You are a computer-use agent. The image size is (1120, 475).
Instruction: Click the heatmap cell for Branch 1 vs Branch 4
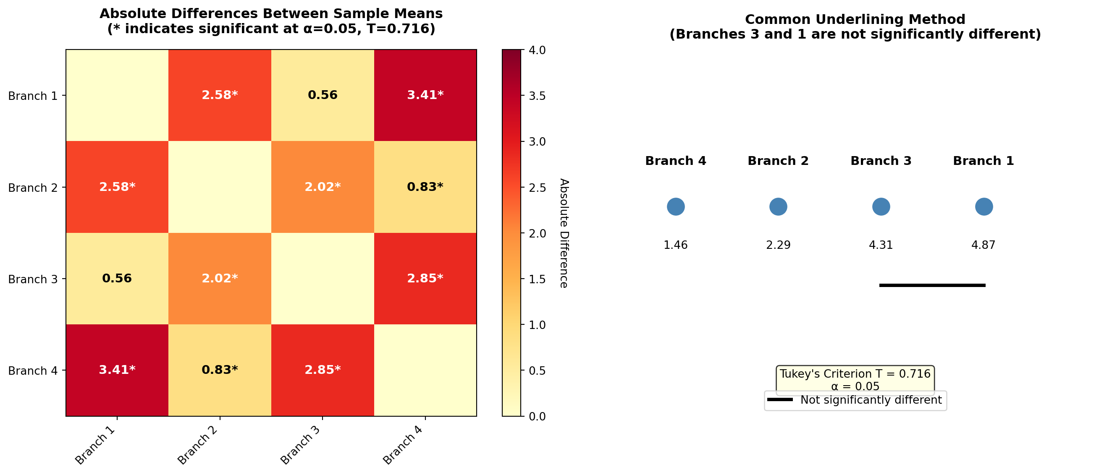point(425,95)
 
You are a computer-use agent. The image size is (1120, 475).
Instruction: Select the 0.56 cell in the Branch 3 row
point(117,279)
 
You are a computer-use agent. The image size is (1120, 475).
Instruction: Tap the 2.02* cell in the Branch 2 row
point(322,187)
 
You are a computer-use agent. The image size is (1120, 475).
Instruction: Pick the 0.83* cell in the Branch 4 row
point(220,370)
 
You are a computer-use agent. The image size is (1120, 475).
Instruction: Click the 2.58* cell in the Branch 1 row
point(220,95)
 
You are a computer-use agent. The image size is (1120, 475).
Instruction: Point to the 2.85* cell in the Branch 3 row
point(425,279)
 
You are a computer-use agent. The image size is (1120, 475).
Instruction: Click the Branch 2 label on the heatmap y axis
point(33,188)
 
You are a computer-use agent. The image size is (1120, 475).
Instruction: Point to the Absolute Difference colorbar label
point(564,233)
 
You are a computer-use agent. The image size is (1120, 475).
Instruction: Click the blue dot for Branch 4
point(676,206)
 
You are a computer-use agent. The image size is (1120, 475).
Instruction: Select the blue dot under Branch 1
point(984,206)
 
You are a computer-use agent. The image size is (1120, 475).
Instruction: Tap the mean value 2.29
point(778,245)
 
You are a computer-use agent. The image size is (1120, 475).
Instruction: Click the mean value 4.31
point(881,245)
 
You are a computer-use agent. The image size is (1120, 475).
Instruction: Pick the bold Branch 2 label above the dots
point(778,161)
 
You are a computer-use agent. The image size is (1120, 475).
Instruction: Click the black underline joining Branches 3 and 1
point(932,285)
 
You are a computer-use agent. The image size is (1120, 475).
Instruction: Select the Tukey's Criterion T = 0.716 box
point(855,379)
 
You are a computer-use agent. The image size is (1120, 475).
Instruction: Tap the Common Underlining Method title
point(855,20)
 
